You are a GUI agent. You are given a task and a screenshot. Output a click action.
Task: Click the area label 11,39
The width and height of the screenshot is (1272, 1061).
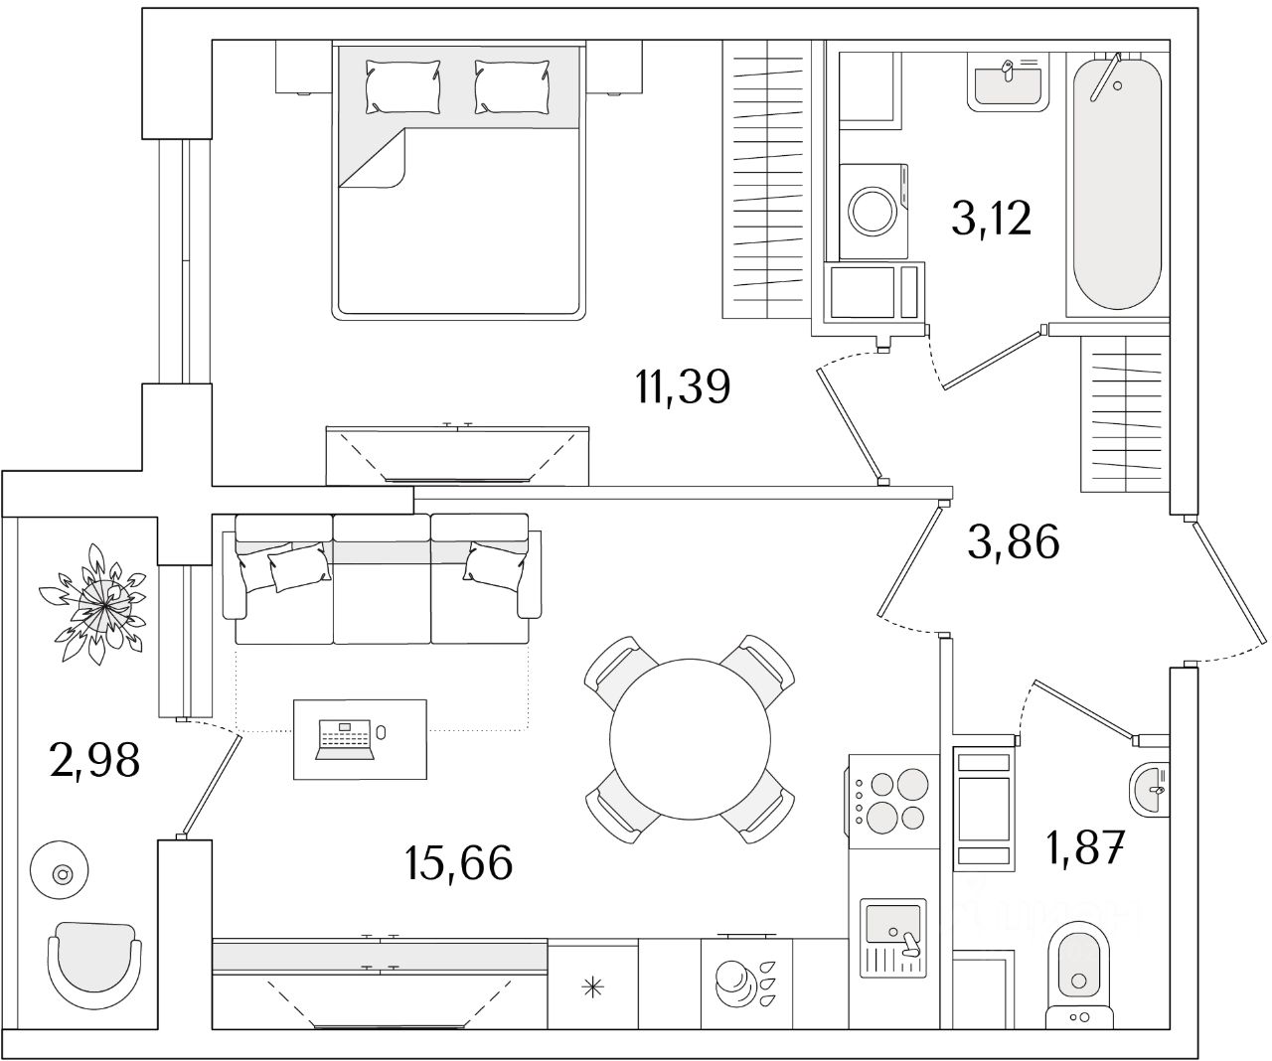(x=683, y=386)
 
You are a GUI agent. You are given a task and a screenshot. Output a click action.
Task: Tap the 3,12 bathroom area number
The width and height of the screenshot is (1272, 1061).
(x=992, y=219)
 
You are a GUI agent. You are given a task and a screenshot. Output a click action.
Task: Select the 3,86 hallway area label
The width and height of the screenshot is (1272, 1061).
(x=1014, y=542)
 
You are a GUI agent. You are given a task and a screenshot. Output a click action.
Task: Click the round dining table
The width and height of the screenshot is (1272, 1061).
(x=691, y=739)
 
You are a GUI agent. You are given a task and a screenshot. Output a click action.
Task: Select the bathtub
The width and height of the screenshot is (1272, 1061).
(x=1117, y=185)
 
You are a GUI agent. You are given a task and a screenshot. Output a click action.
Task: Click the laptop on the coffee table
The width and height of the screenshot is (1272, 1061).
(x=345, y=740)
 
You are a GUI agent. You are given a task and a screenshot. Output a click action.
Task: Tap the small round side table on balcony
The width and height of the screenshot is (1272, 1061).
(x=63, y=874)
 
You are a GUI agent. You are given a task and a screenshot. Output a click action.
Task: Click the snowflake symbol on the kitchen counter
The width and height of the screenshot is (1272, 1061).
(x=592, y=987)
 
